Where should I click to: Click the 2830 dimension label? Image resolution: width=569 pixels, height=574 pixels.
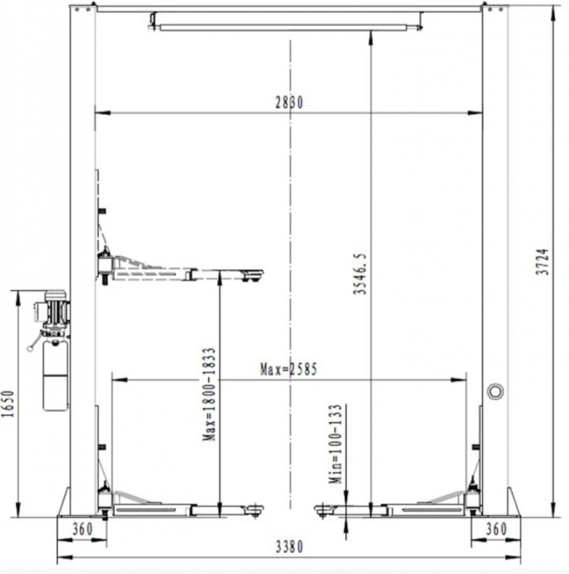289,102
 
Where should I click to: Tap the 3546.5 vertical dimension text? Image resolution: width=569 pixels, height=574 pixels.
360,273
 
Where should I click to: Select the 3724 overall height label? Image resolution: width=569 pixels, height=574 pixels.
542,262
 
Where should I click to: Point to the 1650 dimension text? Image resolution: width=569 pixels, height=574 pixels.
8,404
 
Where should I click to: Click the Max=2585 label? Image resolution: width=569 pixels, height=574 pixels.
288,369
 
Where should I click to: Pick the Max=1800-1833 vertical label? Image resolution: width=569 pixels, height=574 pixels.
209,394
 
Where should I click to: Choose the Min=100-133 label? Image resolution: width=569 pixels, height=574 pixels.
335,444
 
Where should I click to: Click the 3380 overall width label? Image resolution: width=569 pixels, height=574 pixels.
289,547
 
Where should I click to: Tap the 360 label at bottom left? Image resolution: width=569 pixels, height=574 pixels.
83,529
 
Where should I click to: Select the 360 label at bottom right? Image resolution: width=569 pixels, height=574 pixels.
496,529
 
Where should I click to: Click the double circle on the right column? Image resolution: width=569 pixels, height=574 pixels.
496,391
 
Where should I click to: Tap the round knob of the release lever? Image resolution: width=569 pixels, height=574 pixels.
30,349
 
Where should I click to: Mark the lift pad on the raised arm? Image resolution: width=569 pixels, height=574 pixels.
252,274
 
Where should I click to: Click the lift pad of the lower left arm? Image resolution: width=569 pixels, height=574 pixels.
254,509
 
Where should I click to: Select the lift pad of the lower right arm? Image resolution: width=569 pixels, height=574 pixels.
325,509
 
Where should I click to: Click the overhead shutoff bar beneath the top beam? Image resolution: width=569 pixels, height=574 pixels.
283,27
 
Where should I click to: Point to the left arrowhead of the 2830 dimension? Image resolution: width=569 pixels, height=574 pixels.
102,113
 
